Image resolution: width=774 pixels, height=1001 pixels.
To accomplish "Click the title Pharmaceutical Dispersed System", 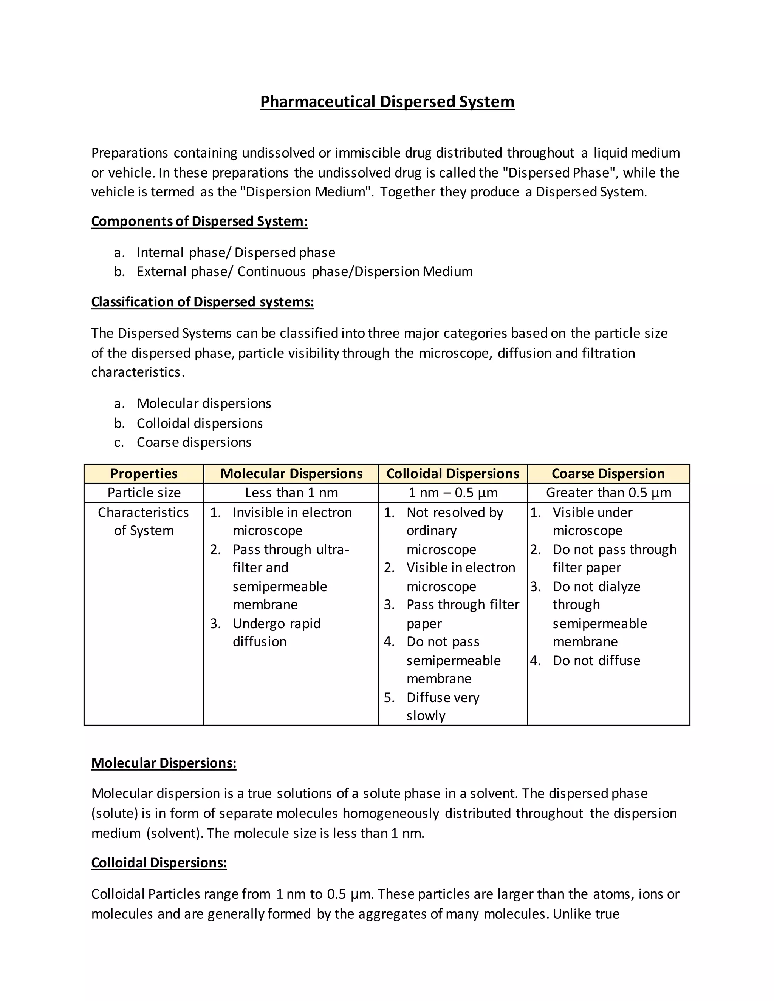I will pos(387,101).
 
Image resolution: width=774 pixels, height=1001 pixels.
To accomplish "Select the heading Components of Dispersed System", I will pos(199,221).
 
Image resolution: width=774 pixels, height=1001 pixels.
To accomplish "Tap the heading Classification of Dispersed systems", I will pos(202,302).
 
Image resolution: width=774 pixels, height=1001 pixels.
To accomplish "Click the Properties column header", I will pos(144,473).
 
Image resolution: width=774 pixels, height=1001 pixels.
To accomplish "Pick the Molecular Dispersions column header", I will pos(291,473).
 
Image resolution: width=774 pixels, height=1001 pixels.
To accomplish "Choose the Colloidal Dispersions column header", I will pos(452,473).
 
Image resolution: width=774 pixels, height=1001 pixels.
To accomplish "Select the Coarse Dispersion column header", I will pos(608,473).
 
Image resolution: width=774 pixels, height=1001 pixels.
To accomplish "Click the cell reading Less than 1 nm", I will pos(291,493).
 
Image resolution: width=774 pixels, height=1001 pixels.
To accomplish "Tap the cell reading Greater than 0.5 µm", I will pos(608,493).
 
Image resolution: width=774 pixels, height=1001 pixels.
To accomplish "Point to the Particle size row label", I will pos(144,493).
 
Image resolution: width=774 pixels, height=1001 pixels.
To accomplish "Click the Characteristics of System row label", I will pos(144,522).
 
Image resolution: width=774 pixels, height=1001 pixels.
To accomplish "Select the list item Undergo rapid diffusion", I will pos(277,632).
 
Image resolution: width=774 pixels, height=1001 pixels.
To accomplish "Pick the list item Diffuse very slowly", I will pos(443,706).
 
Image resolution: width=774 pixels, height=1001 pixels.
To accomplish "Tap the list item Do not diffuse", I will pos(596,660).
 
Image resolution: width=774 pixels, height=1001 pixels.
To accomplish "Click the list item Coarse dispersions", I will pos(193,442).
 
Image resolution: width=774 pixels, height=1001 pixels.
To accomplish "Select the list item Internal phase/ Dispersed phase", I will pos(236,253).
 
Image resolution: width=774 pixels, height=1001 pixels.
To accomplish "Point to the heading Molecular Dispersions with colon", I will pos(164,763).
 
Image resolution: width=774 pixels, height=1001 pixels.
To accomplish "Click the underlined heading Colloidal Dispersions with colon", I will pos(159,863).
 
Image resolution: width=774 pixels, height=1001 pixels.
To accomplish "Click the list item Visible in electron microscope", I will pos(460,577).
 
